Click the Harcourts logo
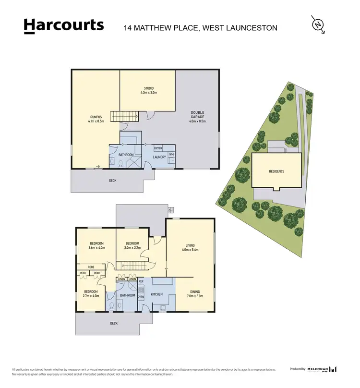click(64, 26)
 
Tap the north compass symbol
click(317, 24)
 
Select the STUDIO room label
click(148, 88)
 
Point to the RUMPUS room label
click(96, 118)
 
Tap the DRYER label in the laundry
click(158, 148)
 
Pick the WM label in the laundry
click(171, 154)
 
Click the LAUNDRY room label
click(159, 157)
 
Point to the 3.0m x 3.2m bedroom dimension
click(132, 248)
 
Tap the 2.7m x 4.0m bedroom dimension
click(91, 296)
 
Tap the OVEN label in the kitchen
click(141, 297)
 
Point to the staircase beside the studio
click(124, 116)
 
